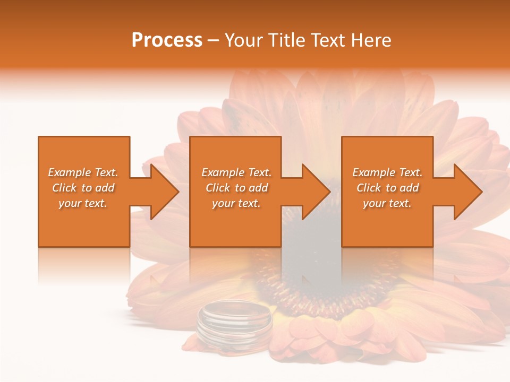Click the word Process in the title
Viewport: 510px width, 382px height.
(x=167, y=40)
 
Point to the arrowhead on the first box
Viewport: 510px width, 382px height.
(x=162, y=192)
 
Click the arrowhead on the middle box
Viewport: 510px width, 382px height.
(x=313, y=192)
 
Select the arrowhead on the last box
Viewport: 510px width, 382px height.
(x=465, y=192)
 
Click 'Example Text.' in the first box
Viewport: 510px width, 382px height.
(x=83, y=172)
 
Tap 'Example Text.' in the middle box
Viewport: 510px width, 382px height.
(x=236, y=172)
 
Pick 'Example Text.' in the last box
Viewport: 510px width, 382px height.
(x=387, y=172)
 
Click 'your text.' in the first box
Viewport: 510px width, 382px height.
(x=83, y=203)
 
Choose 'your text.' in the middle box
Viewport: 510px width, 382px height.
(x=236, y=203)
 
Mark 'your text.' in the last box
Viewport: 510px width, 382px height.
(x=387, y=203)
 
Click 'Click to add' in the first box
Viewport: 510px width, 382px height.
(x=83, y=188)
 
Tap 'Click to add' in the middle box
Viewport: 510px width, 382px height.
(x=236, y=188)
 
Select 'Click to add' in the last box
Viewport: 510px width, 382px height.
(x=387, y=188)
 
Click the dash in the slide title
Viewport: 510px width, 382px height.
(x=214, y=41)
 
